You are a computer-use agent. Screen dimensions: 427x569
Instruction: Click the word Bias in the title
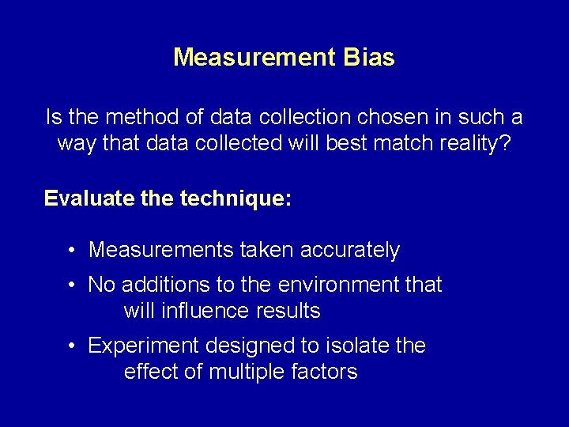click(x=368, y=58)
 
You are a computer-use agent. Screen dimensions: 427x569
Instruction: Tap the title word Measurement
click(x=254, y=58)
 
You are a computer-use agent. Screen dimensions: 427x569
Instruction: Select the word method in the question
click(x=140, y=118)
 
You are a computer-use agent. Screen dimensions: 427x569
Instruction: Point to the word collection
click(x=296, y=118)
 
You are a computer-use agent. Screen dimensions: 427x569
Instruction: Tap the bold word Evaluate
click(x=80, y=198)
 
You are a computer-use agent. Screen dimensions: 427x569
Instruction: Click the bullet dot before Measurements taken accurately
click(x=71, y=251)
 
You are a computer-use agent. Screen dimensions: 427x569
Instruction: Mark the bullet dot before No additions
click(x=71, y=284)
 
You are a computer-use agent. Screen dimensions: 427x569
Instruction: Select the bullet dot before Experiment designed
click(x=71, y=346)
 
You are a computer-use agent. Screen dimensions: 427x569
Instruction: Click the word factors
click(x=327, y=372)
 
